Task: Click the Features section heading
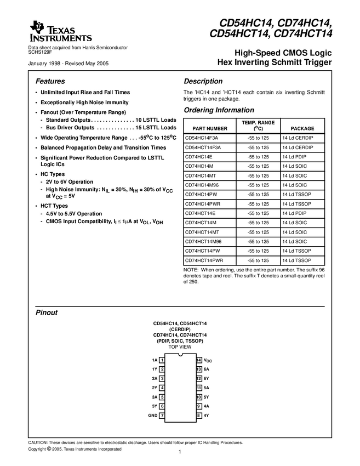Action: tap(50, 81)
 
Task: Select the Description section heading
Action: tap(203, 81)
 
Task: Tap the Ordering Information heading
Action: tap(219, 110)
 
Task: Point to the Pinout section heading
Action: tap(47, 312)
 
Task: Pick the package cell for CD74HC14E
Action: tap(296, 157)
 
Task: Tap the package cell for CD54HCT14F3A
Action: tap(298, 147)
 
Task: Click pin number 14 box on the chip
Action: tap(199, 360)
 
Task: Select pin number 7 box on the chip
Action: tap(162, 416)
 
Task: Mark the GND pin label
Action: tap(153, 416)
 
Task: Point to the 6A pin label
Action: tap(207, 369)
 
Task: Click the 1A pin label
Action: tap(155, 360)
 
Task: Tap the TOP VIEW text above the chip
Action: tap(180, 347)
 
